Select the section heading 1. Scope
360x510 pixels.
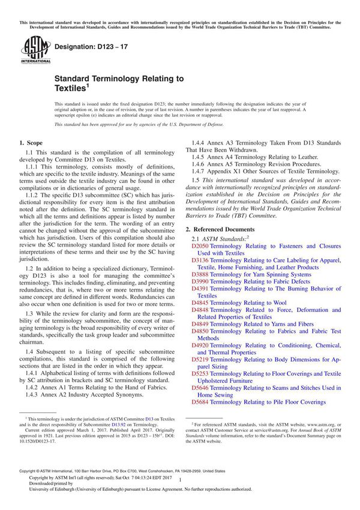pos(31,143)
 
